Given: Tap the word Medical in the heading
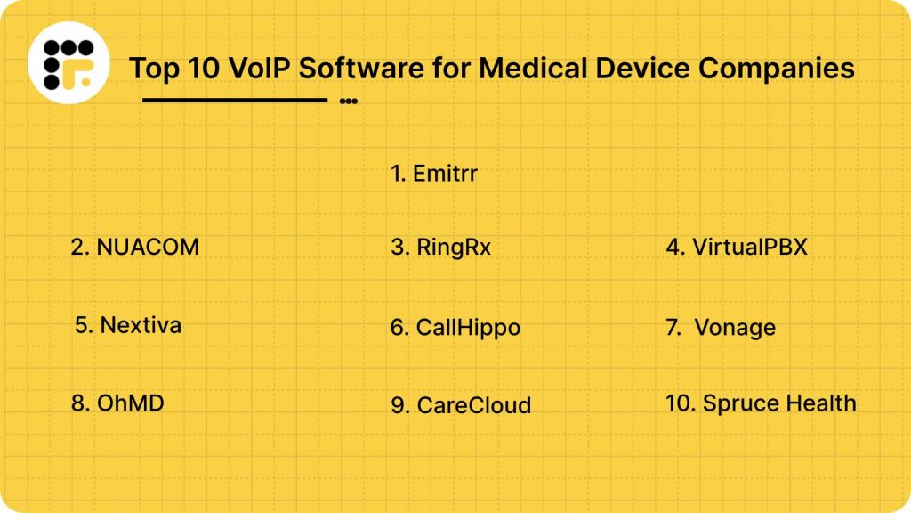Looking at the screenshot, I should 526,69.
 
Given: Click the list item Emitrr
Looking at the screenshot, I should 434,174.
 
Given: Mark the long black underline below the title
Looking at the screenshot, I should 235,100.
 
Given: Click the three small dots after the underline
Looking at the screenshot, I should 349,102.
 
